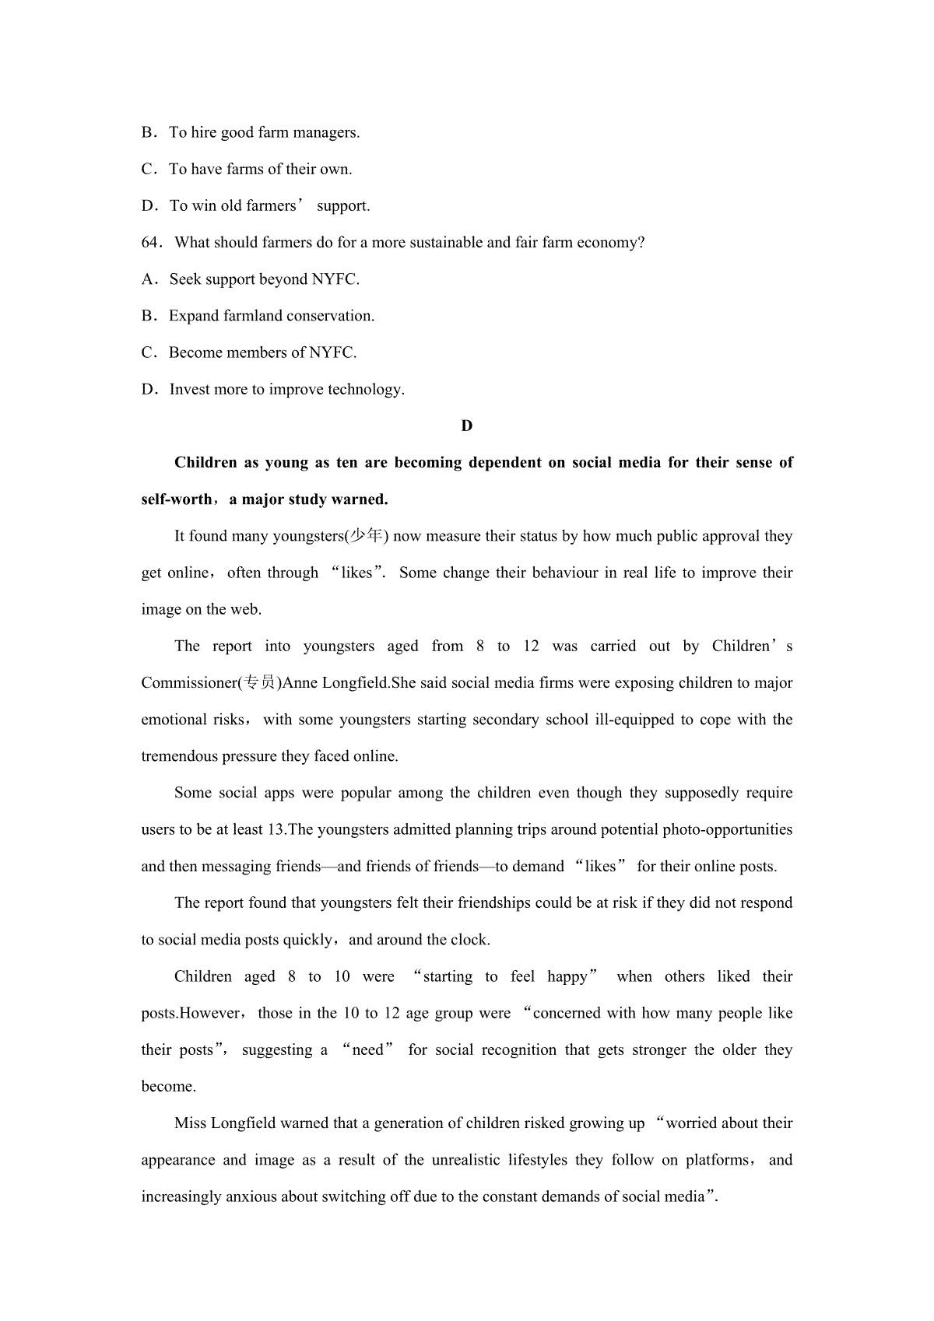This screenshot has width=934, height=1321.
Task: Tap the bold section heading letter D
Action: (467, 426)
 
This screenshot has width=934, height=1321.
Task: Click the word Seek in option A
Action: (185, 279)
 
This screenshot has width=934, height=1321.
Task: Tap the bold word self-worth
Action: (177, 499)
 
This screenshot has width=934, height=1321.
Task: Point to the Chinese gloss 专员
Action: (259, 683)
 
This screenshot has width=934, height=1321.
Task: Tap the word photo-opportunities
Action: (727, 830)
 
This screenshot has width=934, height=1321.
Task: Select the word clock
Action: (469, 941)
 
